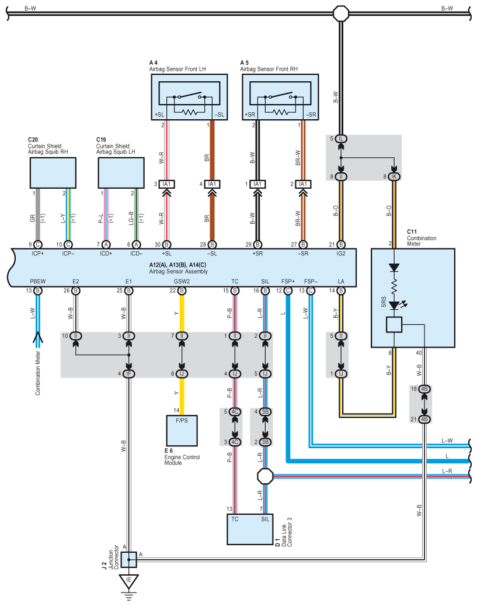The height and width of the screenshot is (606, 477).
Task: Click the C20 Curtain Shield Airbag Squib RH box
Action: coord(53,173)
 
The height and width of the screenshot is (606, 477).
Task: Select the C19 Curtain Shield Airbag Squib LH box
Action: coord(121,173)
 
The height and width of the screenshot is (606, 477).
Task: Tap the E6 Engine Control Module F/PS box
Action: coord(182,431)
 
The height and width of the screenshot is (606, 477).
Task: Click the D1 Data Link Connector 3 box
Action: coord(250,529)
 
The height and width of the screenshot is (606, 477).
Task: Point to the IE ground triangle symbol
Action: coord(128,581)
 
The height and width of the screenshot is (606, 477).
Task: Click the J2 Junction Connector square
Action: coord(128,559)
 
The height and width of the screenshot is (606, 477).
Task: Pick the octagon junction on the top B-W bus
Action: coord(341,13)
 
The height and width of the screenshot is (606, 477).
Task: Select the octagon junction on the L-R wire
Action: coord(265,476)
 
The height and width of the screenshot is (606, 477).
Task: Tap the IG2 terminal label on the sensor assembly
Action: coord(340,254)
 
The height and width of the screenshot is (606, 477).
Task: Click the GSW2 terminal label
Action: coord(182,281)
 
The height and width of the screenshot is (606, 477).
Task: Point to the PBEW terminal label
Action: coord(38,281)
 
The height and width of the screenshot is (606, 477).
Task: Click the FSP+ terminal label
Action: coord(288,281)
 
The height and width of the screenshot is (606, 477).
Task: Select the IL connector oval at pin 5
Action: coord(340,138)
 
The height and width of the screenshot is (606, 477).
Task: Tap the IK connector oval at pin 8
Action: coord(394,176)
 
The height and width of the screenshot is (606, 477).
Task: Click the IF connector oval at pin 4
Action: coord(128,374)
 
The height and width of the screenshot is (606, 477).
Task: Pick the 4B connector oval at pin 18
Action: coord(424,389)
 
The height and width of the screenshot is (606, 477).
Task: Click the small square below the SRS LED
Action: coord(394,325)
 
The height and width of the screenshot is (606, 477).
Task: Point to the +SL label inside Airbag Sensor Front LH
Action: coord(159,115)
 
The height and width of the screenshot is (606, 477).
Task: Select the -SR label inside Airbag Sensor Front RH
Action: coord(311,115)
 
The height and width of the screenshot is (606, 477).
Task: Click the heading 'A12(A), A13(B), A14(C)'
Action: coord(177,265)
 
